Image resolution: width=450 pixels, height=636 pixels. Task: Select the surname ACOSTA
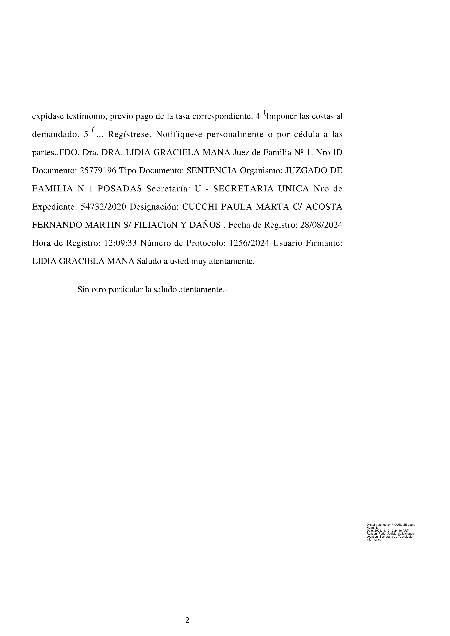click(x=324, y=207)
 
